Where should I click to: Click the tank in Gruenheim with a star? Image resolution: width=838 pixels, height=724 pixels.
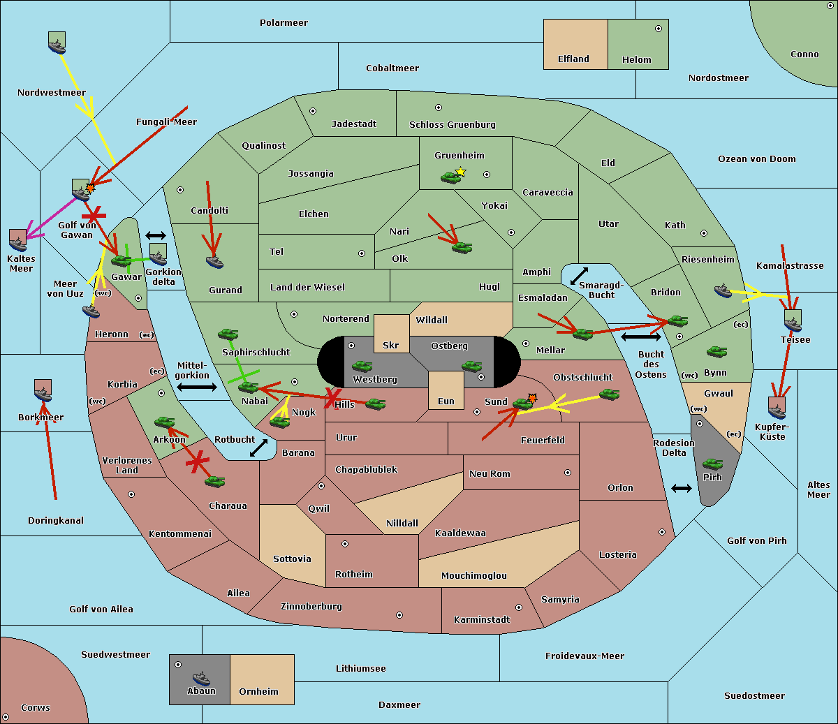point(451,177)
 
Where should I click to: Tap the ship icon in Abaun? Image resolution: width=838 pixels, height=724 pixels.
point(202,678)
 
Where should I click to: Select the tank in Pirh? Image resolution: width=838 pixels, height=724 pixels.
point(713,464)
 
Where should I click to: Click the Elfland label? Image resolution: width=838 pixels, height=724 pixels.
point(573,59)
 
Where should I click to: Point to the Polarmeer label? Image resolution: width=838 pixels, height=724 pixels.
point(284,23)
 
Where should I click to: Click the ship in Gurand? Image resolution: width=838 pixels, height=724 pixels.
point(214,262)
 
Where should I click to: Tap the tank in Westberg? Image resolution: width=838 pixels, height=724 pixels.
point(362,366)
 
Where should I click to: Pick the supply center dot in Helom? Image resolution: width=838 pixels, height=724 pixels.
point(659,29)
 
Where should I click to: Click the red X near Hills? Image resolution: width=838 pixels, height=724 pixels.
point(332,398)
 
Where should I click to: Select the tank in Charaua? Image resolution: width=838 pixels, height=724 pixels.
point(214,481)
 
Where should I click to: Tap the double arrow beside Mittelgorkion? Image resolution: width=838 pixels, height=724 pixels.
point(197,387)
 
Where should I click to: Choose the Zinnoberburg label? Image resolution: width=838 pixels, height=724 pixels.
point(311,606)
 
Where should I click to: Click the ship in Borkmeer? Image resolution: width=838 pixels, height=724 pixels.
point(43,390)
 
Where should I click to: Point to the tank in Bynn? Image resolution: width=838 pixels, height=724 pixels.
point(716,351)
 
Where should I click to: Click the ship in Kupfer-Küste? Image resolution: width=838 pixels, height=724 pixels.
point(777,408)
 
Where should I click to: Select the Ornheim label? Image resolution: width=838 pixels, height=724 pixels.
point(258,691)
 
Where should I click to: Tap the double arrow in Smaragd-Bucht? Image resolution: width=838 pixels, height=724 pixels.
point(579,276)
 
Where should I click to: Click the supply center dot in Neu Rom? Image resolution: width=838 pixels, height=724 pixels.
point(568,473)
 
